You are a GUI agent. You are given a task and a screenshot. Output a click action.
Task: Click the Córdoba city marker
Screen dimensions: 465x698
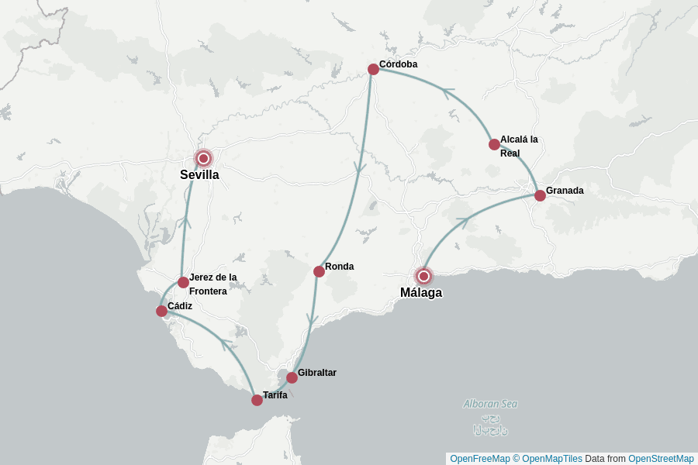(373, 69)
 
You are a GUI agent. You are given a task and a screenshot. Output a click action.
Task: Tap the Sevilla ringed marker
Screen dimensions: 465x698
(203, 158)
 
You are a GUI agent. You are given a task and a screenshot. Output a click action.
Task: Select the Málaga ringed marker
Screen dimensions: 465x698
(423, 275)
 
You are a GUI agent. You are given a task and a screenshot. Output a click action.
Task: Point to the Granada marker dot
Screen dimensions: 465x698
(540, 195)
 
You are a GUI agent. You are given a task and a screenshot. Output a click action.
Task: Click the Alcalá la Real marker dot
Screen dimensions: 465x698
(494, 144)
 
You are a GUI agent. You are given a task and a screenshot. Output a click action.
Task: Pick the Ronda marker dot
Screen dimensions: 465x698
(319, 271)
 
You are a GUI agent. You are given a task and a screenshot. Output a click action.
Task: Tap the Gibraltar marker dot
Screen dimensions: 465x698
(292, 377)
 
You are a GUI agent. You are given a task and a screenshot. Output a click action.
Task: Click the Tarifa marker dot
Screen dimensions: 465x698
(257, 400)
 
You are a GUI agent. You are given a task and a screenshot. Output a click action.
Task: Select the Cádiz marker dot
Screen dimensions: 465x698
(161, 311)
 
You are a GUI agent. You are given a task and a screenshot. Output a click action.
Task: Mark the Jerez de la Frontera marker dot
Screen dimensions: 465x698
(183, 282)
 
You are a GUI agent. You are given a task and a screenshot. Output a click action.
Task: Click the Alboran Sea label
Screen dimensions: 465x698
(490, 404)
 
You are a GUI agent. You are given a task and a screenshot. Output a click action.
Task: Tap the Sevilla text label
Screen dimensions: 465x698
(199, 175)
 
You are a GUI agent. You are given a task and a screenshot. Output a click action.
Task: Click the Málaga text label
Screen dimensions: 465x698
(421, 293)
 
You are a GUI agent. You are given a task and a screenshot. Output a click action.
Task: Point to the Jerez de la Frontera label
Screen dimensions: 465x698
(213, 284)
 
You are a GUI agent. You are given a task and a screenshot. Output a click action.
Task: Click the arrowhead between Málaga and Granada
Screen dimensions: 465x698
(463, 222)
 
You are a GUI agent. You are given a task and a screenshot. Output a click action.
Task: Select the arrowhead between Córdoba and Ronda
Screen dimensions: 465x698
(359, 167)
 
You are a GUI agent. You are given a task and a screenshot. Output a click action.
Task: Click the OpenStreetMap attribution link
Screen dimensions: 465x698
(661, 459)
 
